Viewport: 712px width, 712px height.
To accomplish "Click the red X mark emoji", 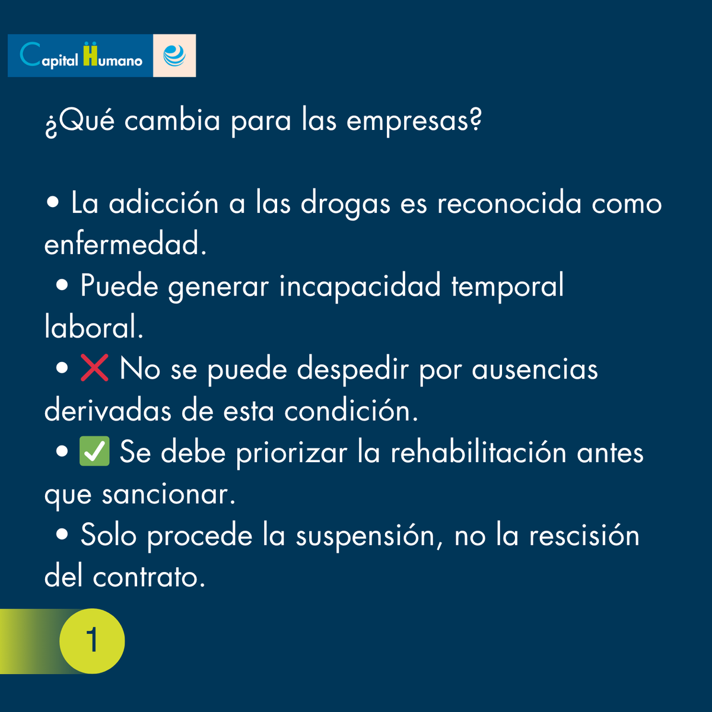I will click(x=94, y=368).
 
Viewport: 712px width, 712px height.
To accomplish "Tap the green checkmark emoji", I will click(x=94, y=452).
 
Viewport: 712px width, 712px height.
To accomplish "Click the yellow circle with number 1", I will click(x=92, y=641).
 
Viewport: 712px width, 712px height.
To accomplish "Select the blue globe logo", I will click(x=174, y=56).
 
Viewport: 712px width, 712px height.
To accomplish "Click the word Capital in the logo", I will click(x=49, y=56).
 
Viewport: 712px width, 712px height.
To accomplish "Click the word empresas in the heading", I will click(x=413, y=121).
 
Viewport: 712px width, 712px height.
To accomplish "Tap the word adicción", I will click(x=164, y=204).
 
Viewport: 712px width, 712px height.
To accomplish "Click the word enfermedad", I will click(x=125, y=244).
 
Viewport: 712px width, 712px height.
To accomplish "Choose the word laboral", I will click(x=93, y=328).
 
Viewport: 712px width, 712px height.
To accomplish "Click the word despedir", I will click(x=352, y=370).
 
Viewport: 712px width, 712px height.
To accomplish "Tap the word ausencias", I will click(x=535, y=370).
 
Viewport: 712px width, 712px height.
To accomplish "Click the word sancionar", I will click(x=169, y=494).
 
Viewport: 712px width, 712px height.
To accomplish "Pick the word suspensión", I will click(x=368, y=536).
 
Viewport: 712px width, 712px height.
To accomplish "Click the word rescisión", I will click(x=584, y=535).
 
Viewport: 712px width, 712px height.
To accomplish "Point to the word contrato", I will click(x=148, y=577).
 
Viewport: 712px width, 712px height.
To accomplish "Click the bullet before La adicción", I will click(x=53, y=203).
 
